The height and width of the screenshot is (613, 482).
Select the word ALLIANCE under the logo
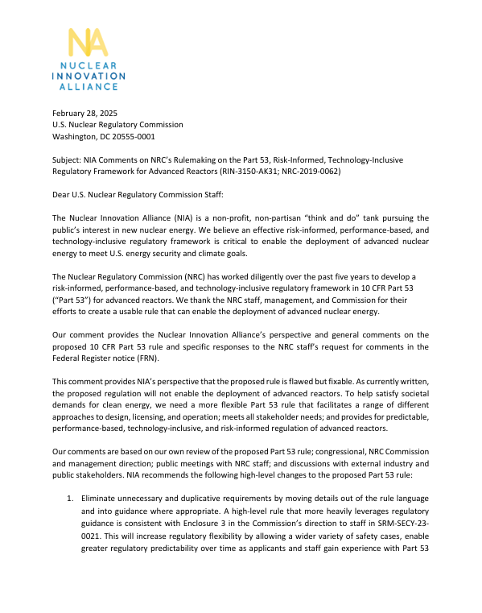[89, 85]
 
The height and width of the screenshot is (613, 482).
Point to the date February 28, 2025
[84, 114]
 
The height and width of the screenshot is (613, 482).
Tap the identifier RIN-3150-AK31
[244, 171]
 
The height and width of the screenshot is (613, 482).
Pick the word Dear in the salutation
[61, 194]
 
